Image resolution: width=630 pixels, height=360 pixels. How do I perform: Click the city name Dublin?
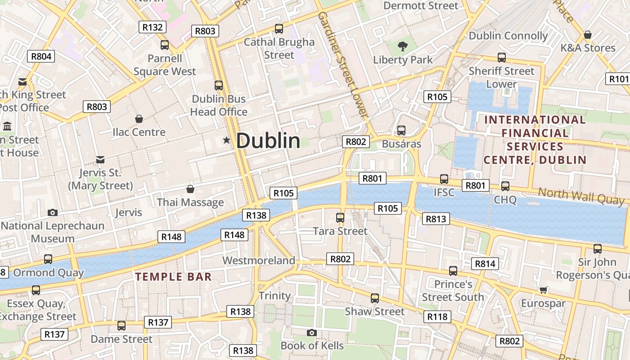(x=268, y=141)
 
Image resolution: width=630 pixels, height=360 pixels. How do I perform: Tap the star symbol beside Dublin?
(x=226, y=141)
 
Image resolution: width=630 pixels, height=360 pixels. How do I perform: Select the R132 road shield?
(x=153, y=27)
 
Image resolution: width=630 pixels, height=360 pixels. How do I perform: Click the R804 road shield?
(x=41, y=56)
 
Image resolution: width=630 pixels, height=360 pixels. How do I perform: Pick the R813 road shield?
(x=436, y=219)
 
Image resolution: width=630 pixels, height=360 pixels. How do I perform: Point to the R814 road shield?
(x=485, y=264)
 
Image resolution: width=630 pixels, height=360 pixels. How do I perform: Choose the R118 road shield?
(x=437, y=317)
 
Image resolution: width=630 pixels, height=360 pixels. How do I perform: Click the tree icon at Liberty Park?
(x=403, y=46)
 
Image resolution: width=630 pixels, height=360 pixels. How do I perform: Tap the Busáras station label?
(x=401, y=144)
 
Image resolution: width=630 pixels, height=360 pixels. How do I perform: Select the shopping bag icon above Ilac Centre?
(x=139, y=119)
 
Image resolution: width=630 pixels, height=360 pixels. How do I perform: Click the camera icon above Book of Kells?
(x=311, y=333)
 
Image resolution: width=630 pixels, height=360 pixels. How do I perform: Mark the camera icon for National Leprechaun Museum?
(x=53, y=212)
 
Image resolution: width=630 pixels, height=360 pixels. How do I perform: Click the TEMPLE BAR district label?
(x=174, y=277)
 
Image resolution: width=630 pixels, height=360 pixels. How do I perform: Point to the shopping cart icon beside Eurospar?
(x=543, y=290)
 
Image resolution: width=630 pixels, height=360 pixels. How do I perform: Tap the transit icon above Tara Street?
(x=340, y=218)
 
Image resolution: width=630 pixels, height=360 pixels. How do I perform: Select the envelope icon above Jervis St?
(x=100, y=160)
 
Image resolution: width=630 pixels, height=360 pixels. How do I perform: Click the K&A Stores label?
(x=588, y=48)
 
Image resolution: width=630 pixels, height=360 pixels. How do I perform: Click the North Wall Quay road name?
(x=581, y=196)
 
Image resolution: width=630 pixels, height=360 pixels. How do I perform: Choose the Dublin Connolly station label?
(x=508, y=36)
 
